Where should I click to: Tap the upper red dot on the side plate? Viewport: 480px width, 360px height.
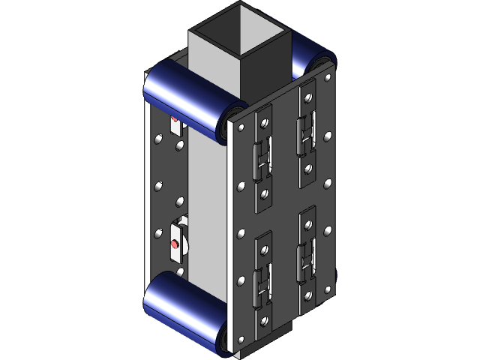click(x=175, y=118)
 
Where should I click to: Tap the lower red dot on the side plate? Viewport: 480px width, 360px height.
click(x=175, y=244)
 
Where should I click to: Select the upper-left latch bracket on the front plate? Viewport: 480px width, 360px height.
click(x=262, y=154)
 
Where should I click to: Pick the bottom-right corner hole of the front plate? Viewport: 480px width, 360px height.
click(x=327, y=288)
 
